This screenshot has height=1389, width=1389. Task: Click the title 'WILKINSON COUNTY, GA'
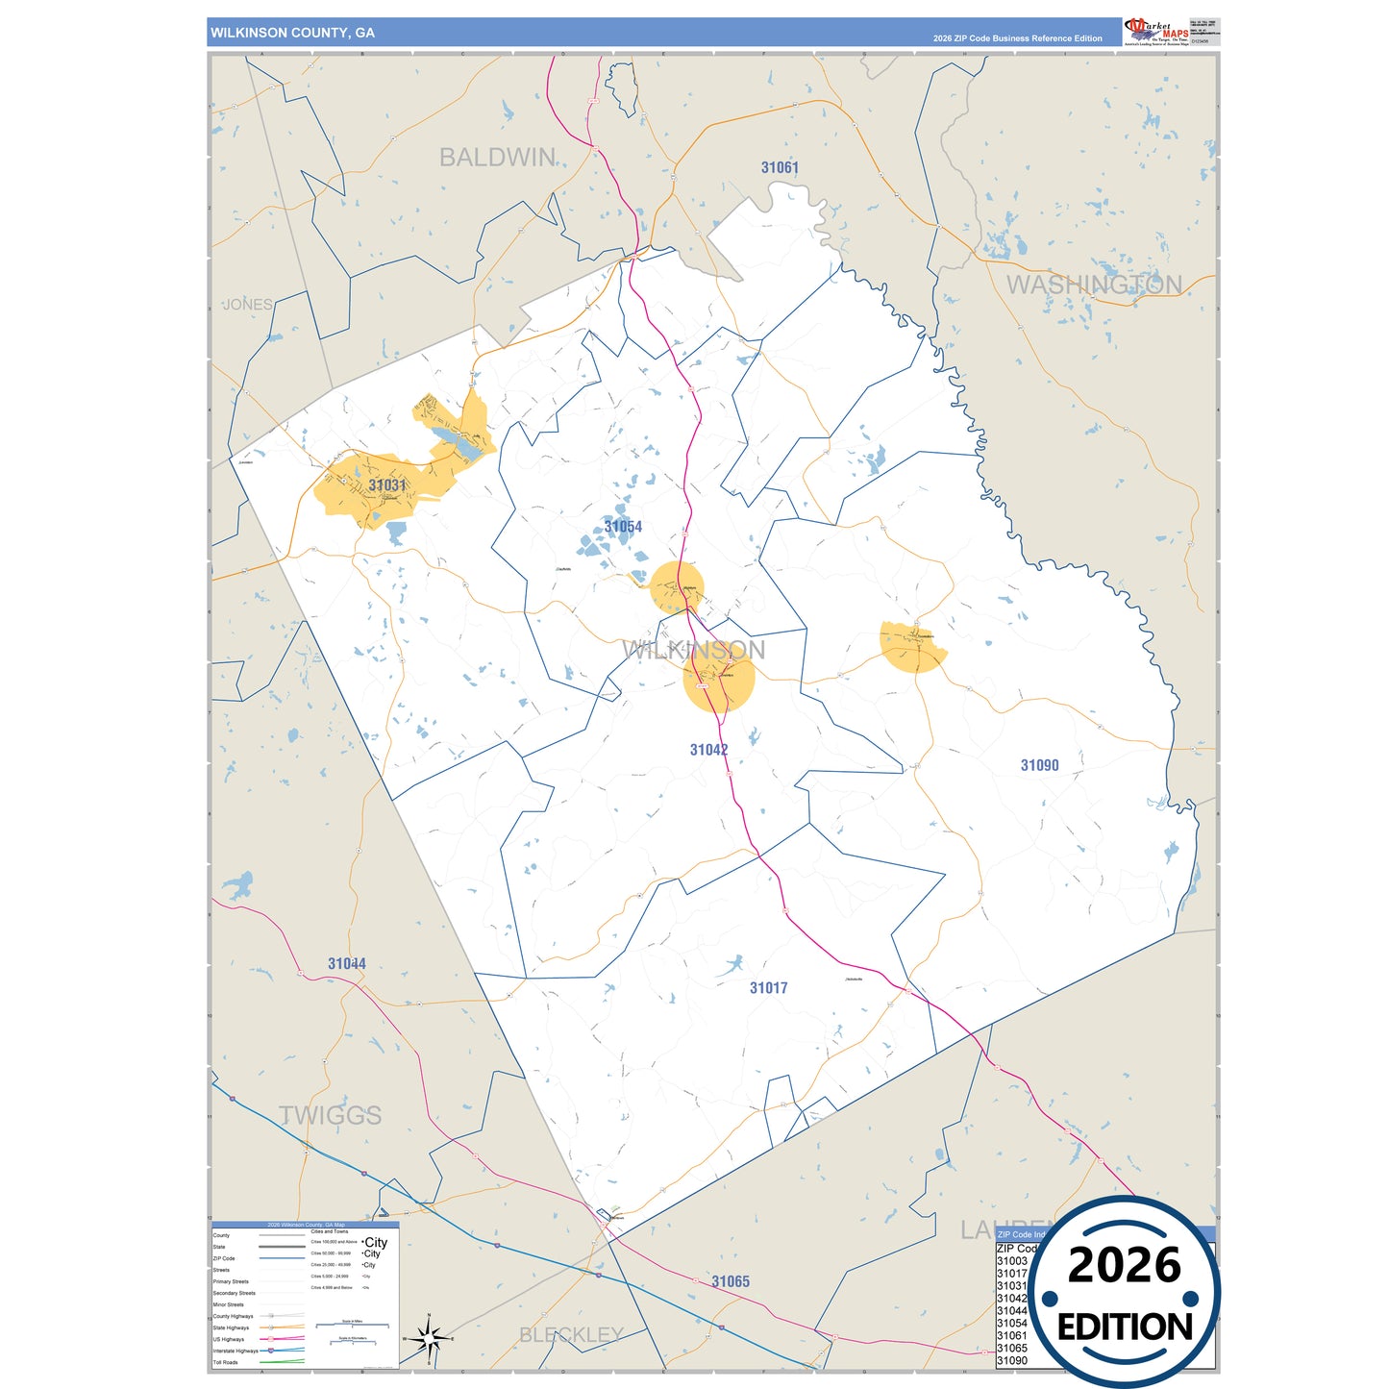292,33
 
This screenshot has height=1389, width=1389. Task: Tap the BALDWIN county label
497,158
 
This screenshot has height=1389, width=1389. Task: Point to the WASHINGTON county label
1094,285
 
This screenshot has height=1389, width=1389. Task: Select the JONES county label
248,305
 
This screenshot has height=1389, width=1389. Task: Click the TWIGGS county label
330,1115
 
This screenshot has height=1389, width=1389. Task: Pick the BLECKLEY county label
571,1335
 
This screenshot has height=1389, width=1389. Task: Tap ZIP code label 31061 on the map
780,168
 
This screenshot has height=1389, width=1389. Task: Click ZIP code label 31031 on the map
387,485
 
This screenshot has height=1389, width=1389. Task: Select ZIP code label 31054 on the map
623,527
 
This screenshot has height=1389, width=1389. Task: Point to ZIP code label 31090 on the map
1039,765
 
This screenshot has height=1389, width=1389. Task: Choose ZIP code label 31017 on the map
768,988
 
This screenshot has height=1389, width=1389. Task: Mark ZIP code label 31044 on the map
346,964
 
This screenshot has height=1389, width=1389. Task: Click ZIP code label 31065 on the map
731,1282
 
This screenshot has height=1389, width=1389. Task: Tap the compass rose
429,1337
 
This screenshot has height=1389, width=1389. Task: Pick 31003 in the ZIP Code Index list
1011,1261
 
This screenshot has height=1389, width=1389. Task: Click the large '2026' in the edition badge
1124,1265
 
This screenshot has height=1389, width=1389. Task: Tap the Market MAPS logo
1156,32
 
